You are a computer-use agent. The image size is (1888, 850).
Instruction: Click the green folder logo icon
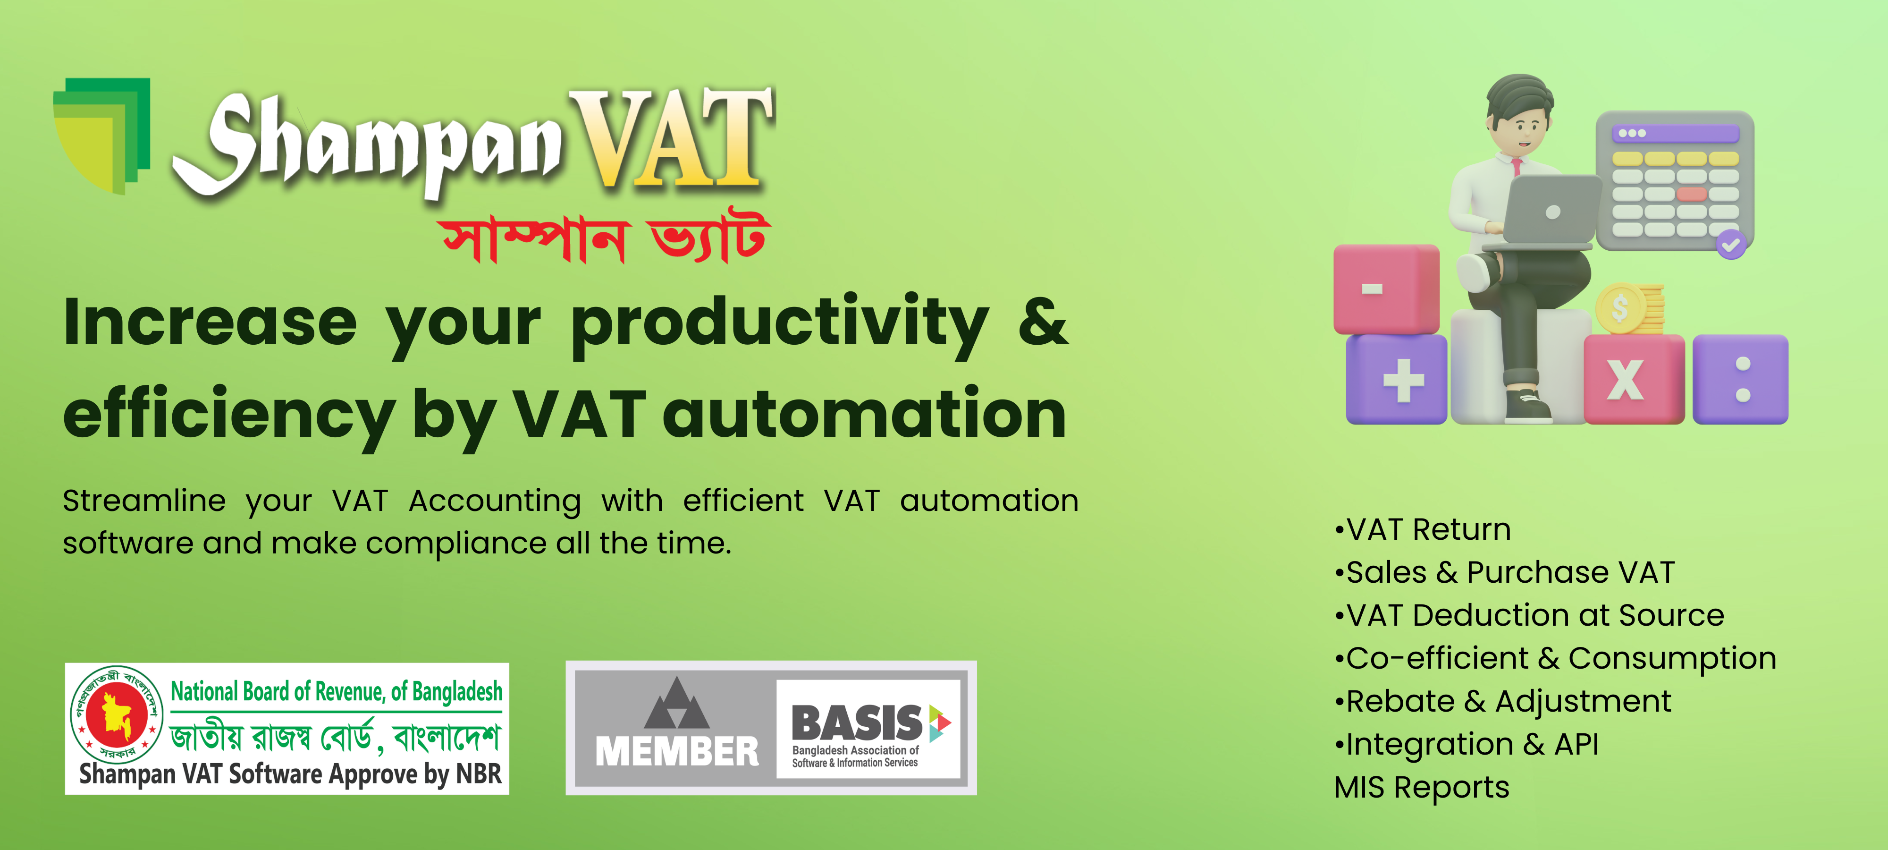click(x=102, y=136)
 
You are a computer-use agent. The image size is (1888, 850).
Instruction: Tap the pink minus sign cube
click(x=1386, y=289)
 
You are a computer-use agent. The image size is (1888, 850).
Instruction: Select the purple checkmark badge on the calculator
click(x=1731, y=244)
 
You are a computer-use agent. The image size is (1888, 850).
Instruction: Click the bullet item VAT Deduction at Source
click(x=1530, y=615)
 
